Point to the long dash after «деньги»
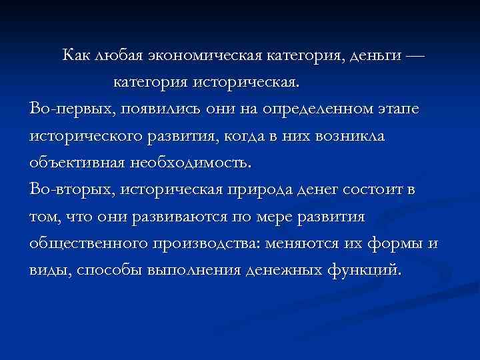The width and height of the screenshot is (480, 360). click(x=413, y=55)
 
